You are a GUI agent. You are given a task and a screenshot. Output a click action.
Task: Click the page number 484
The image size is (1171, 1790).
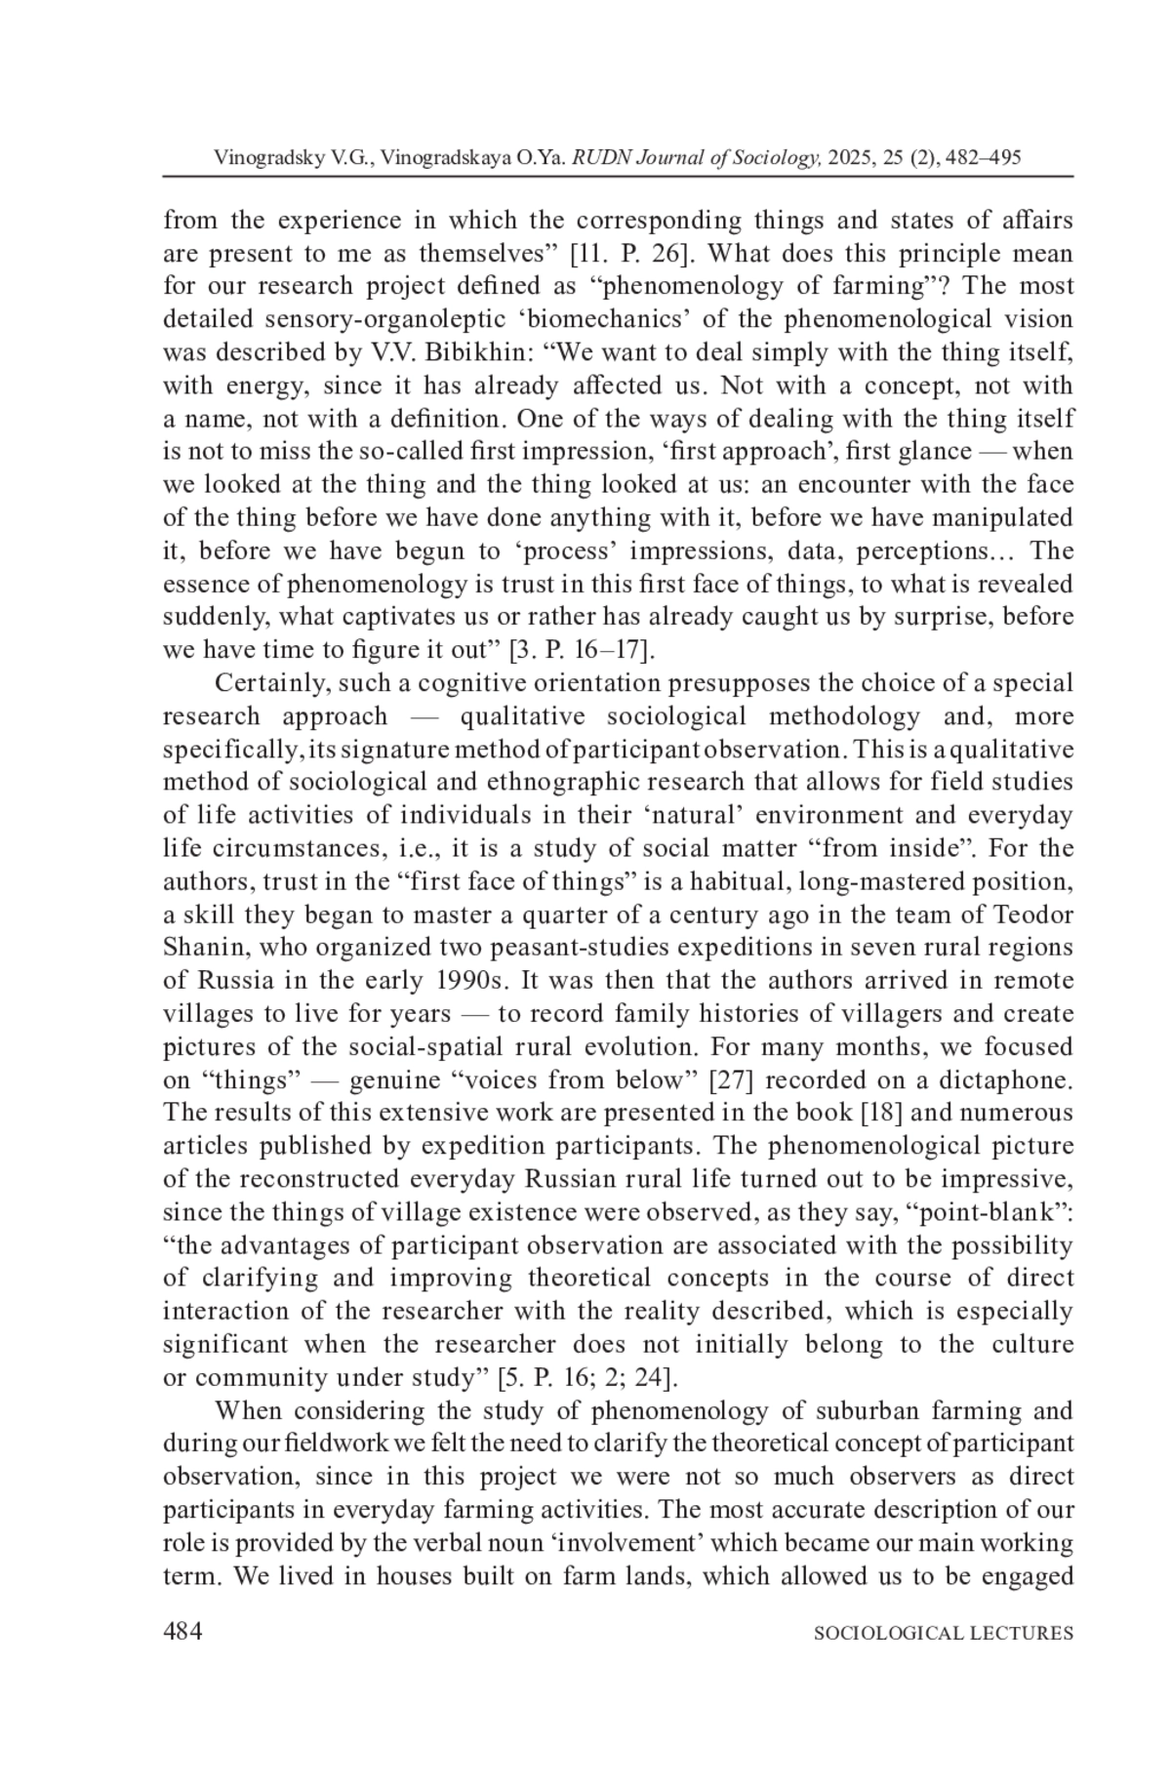pyautogui.click(x=182, y=1633)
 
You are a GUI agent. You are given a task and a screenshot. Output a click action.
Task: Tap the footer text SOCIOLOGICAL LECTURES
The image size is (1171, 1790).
pyautogui.click(x=943, y=1634)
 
